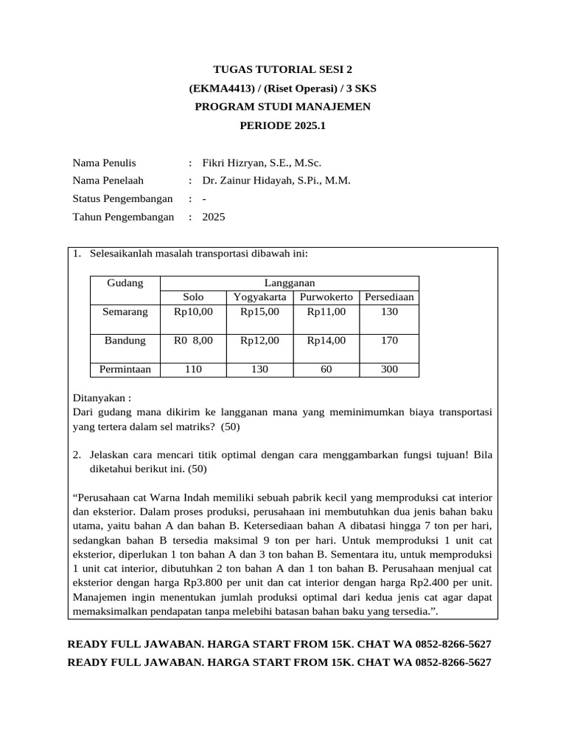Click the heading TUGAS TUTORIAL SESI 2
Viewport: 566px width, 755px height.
(x=282, y=70)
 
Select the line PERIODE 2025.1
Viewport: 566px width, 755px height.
(x=282, y=125)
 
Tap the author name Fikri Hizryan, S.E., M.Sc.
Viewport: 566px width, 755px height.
(x=262, y=163)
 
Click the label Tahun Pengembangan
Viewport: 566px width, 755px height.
(x=123, y=217)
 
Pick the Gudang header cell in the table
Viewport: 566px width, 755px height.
(x=125, y=283)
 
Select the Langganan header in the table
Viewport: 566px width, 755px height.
(x=290, y=283)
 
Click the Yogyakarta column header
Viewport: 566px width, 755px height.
(x=259, y=297)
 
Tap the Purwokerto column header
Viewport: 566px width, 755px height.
(x=326, y=297)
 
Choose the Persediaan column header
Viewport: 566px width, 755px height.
(x=389, y=297)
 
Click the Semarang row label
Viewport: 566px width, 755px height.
(x=125, y=312)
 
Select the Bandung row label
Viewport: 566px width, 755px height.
(x=125, y=341)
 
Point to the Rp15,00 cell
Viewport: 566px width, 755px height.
(x=259, y=312)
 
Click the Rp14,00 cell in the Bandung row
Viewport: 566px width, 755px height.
(x=326, y=341)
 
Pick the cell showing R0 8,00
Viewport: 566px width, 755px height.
(x=193, y=341)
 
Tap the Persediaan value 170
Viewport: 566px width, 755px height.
(x=389, y=341)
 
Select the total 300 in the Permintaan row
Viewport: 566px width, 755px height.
(x=389, y=369)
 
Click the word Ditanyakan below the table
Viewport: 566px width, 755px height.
(x=100, y=397)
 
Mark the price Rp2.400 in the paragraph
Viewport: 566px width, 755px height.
(x=421, y=582)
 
